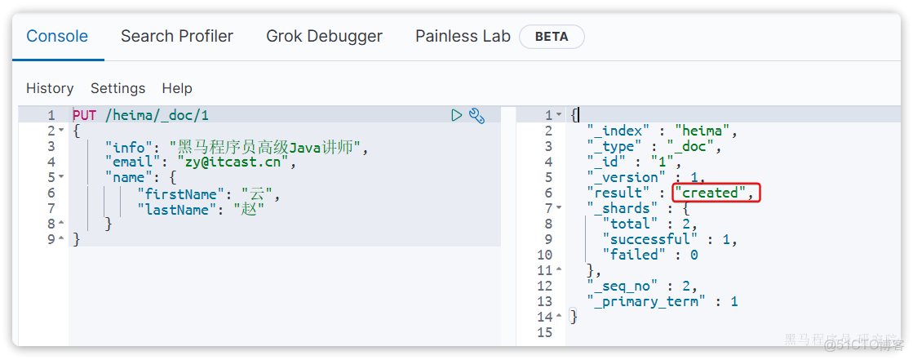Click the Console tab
coord(57,36)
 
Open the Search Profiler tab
coord(177,36)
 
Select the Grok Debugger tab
coord(325,36)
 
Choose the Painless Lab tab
coord(463,36)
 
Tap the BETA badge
coord(552,37)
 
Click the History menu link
coord(50,88)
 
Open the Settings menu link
coord(118,88)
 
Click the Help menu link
coord(177,88)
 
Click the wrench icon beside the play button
coord(476,115)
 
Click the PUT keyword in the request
coord(84,115)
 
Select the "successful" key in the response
coord(649,239)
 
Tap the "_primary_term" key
coord(651,302)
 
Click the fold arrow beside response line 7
coord(559,208)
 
